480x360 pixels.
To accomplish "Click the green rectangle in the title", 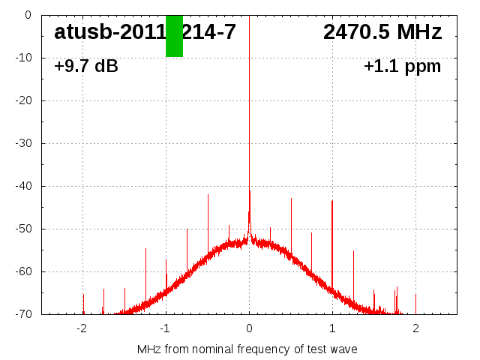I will point(174,36).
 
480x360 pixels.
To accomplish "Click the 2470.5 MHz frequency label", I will point(382,32).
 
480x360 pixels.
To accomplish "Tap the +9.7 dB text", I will point(86,66).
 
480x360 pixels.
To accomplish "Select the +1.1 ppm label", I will point(402,66).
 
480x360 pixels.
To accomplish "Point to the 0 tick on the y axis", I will point(26,15).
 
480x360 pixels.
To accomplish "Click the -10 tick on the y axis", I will point(23,58).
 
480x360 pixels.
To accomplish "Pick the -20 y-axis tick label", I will point(23,100).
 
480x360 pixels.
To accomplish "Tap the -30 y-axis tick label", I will point(23,143).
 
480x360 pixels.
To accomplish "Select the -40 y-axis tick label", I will point(23,186).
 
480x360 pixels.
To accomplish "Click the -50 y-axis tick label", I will point(23,229).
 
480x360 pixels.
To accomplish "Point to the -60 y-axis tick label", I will point(23,271).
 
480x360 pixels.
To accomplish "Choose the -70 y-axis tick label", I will point(23,314).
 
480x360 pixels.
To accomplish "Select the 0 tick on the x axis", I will point(249,328).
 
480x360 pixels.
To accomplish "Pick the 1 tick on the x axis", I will point(332,328).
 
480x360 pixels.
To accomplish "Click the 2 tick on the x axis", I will point(415,328).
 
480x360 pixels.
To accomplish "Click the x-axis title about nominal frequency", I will point(247,349).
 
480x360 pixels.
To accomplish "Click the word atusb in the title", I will point(80,32).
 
